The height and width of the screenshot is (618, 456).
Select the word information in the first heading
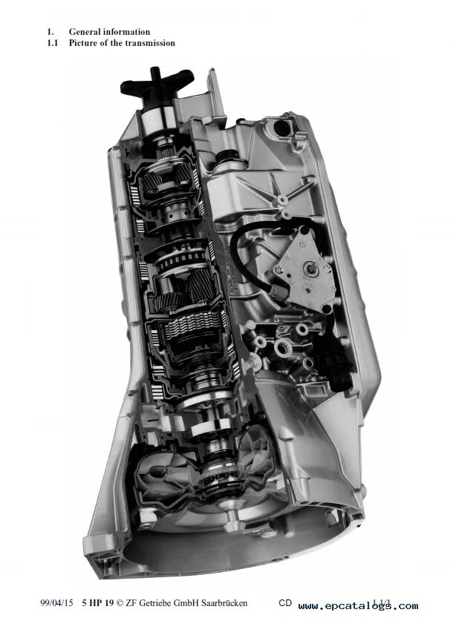tap(128, 32)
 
